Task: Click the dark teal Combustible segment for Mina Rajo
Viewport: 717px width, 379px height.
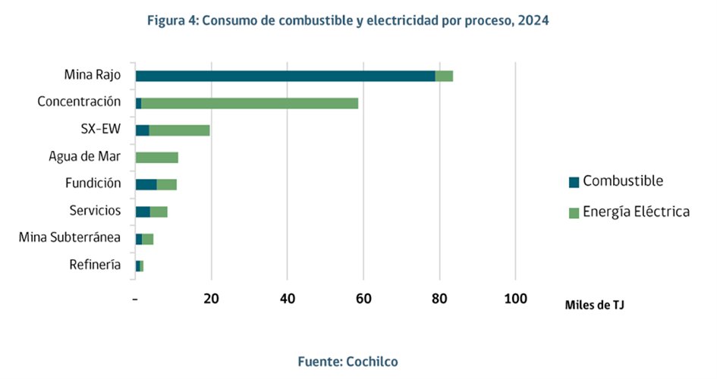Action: (x=285, y=76)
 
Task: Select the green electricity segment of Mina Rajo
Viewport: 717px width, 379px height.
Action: (x=444, y=76)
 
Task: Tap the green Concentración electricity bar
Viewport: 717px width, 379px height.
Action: (x=250, y=103)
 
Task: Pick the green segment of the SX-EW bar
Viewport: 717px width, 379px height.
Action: (x=179, y=130)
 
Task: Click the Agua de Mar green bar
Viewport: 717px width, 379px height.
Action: (x=157, y=158)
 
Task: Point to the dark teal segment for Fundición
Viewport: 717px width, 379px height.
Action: (x=146, y=184)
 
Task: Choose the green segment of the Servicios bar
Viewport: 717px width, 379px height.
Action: (x=159, y=211)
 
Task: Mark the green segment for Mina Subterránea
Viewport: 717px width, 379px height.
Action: (x=148, y=239)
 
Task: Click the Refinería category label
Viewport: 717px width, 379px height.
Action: (x=95, y=265)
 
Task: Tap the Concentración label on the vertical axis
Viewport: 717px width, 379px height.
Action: (x=79, y=102)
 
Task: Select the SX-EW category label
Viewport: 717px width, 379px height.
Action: (x=101, y=129)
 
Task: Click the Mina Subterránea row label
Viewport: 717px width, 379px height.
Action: (x=70, y=238)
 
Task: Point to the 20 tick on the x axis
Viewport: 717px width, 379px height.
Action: (x=212, y=298)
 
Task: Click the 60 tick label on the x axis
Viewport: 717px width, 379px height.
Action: (x=363, y=298)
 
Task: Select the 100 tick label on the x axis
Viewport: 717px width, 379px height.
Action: (x=515, y=298)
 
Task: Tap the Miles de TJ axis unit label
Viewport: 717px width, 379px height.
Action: (x=594, y=305)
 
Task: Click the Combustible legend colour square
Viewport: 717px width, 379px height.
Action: (x=574, y=182)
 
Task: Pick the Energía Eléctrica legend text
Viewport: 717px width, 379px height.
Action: (x=636, y=211)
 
